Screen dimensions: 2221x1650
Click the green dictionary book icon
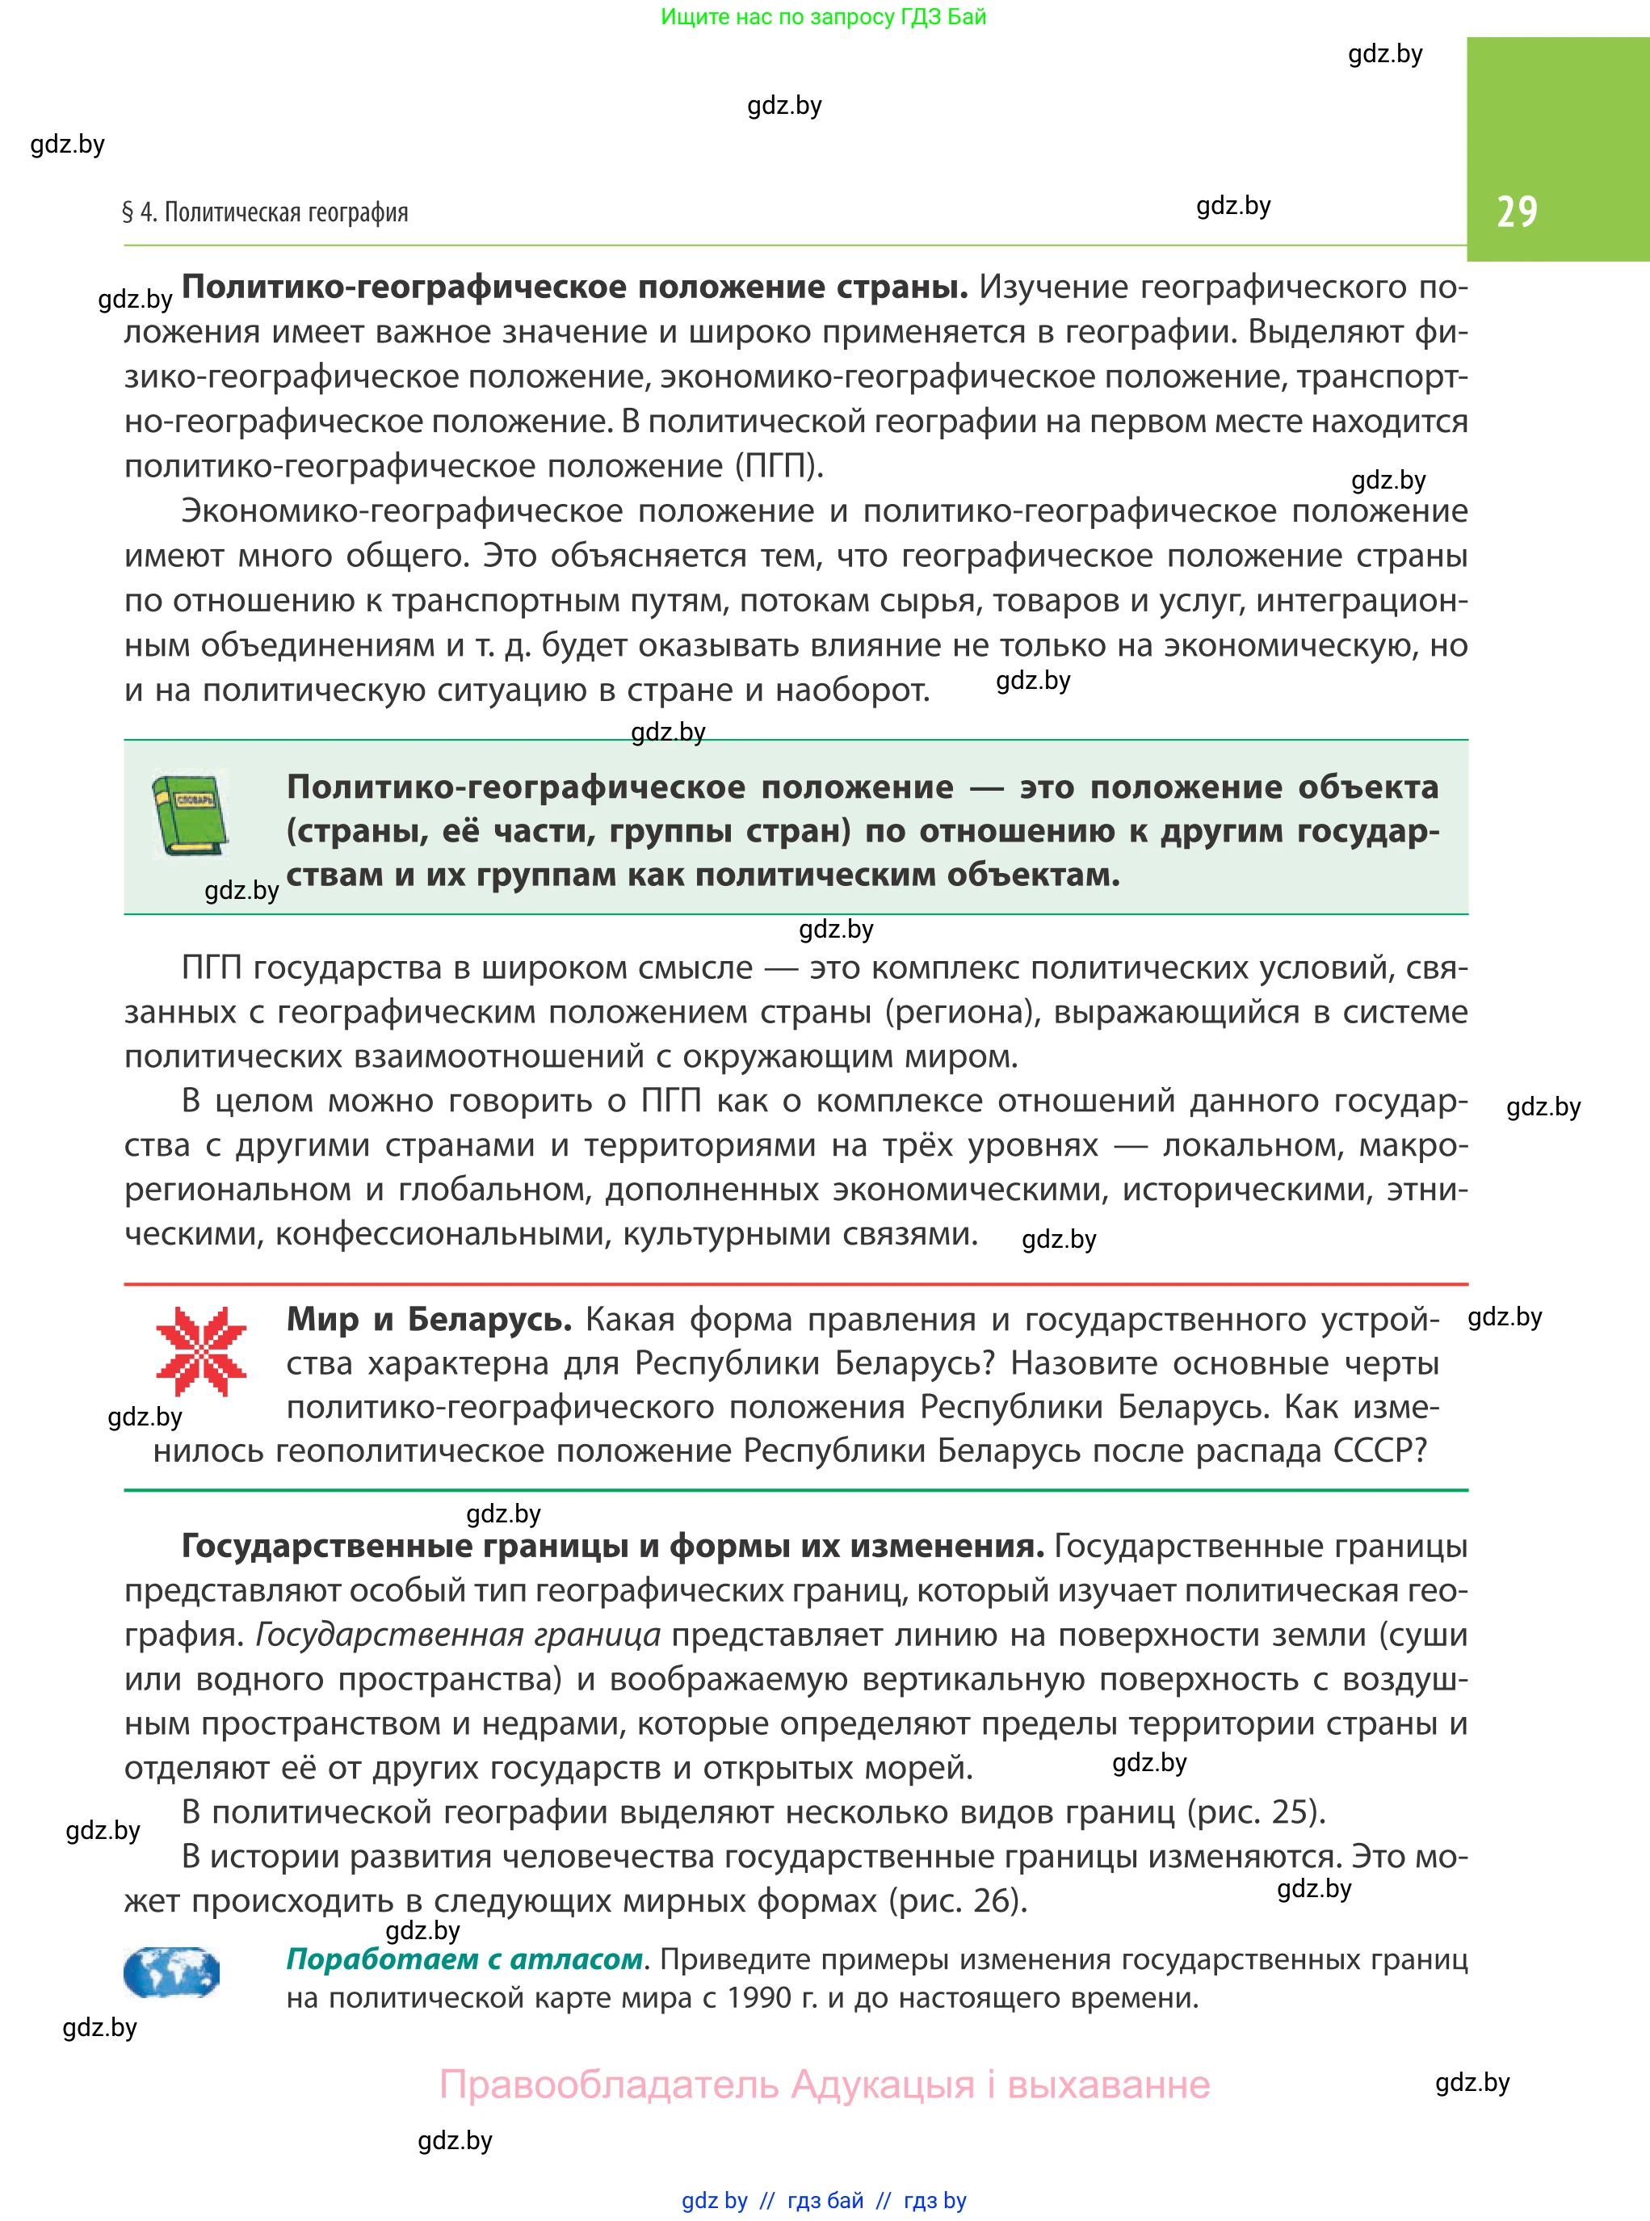point(189,815)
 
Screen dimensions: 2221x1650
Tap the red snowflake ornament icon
point(201,1351)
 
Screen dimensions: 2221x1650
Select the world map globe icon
point(172,1971)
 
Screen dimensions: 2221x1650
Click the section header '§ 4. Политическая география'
point(265,212)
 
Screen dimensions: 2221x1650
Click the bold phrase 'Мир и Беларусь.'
point(429,1319)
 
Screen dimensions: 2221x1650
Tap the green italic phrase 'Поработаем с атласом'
point(464,1959)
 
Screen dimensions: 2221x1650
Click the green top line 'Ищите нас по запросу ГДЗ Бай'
point(823,17)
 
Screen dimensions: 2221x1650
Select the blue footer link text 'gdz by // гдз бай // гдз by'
point(823,2200)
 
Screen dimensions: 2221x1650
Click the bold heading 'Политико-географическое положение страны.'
point(574,288)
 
